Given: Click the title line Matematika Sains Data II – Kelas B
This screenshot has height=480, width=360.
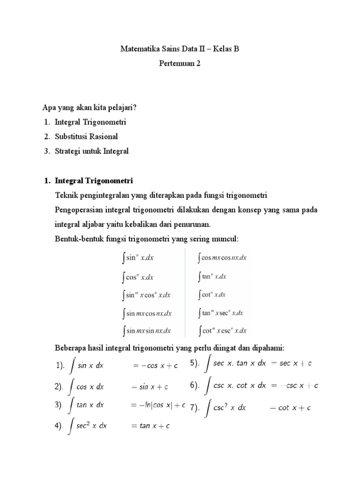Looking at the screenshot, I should pyautogui.click(x=180, y=48).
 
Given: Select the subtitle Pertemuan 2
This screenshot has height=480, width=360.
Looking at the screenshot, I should pyautogui.click(x=180, y=64).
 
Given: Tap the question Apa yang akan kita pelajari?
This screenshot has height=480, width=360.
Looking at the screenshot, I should pyautogui.click(x=90, y=107).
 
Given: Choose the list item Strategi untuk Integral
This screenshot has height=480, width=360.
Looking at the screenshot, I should pyautogui.click(x=91, y=151).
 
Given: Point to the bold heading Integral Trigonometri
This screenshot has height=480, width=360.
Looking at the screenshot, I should pyautogui.click(x=94, y=180).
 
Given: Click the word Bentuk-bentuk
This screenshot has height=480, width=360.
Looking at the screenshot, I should pyautogui.click(x=75, y=239).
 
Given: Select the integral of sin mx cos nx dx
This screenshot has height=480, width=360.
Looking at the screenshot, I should pyautogui.click(x=146, y=313).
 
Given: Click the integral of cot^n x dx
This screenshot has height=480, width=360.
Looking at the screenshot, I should pyautogui.click(x=212, y=295).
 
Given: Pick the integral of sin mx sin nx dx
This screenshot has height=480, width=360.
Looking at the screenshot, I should pyautogui.click(x=146, y=331).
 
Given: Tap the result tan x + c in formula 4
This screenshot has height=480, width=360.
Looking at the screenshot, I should pyautogui.click(x=150, y=426).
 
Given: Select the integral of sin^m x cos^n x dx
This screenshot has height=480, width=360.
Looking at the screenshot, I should pyautogui.click(x=146, y=295).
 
